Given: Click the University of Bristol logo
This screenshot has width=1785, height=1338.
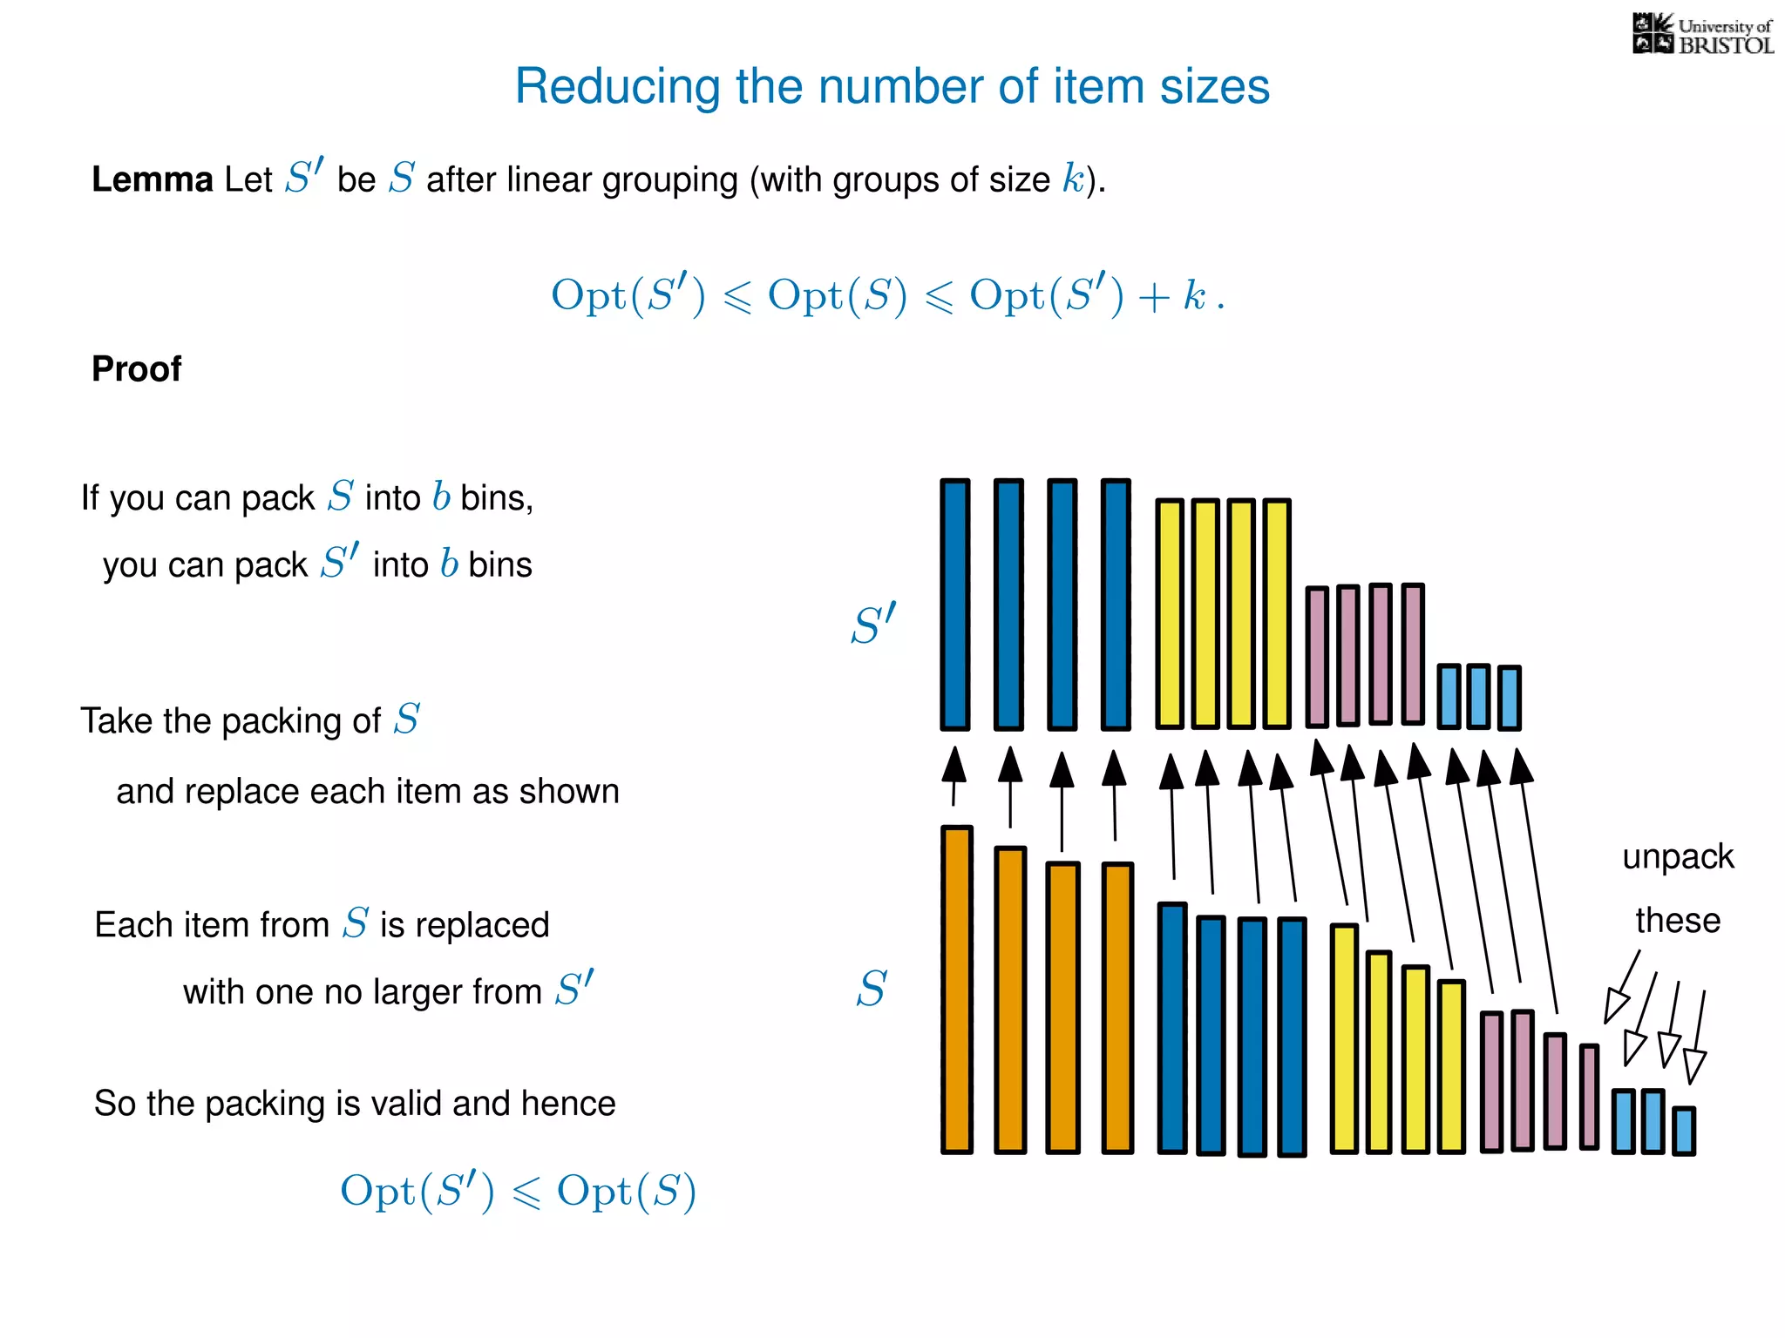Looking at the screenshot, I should pos(1702,35).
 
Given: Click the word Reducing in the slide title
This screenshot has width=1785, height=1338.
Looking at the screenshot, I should pos(617,87).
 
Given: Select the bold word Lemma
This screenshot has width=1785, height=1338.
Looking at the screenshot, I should pos(153,179).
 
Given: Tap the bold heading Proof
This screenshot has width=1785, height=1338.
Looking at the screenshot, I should pos(137,369).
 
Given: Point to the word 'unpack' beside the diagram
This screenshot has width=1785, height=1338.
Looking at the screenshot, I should pos(1678,857).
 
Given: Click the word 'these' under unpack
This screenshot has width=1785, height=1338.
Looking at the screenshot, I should pos(1678,921).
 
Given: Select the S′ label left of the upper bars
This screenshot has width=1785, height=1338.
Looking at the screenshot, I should pos(873,625).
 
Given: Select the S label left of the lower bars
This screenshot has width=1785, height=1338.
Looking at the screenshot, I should pos(871,990).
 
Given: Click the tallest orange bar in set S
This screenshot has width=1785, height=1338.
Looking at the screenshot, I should pos(957,990).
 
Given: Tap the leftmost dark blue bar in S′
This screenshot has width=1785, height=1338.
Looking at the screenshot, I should pos(955,604).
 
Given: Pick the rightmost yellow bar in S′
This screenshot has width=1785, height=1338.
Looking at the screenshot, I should pos(1277,613).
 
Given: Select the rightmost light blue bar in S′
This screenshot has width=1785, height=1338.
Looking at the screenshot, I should pos(1510,697).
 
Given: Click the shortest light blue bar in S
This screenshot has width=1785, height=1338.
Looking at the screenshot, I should pos(1684,1131).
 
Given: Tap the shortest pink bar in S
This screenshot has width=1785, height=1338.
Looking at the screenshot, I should pos(1590,1097).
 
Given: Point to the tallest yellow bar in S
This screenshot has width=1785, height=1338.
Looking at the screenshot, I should pos(1345,1038).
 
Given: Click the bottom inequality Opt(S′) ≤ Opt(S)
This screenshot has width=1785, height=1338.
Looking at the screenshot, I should pos(518,1191).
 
